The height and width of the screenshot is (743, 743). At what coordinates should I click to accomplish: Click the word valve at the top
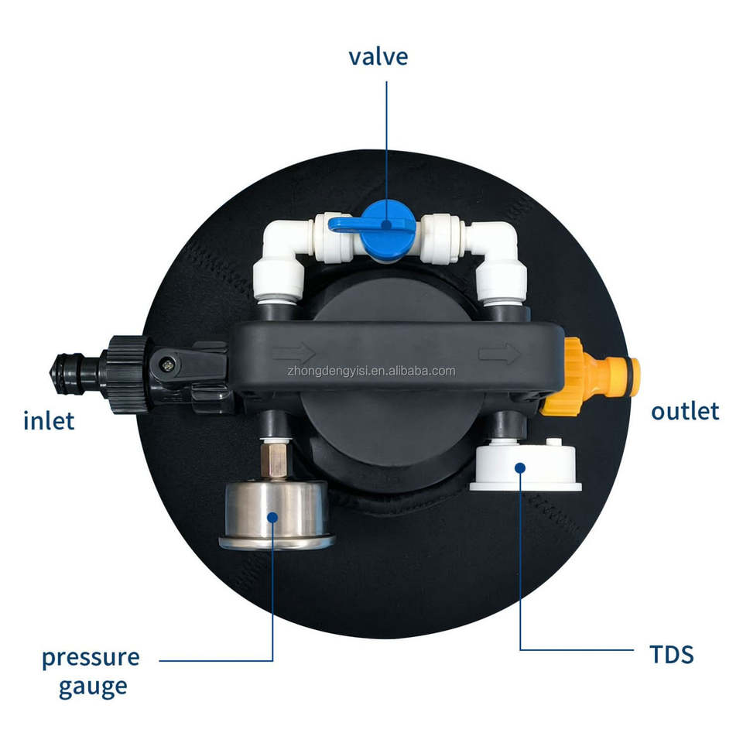[x=378, y=56]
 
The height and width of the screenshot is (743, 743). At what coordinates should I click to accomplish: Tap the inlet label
[x=49, y=421]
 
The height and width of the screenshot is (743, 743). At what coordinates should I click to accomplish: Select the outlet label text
[x=685, y=411]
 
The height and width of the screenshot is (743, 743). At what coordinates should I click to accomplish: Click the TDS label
[x=672, y=655]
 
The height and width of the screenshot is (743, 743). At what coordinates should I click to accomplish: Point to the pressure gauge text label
[x=91, y=671]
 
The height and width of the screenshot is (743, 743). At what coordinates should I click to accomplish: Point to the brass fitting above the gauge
[x=275, y=459]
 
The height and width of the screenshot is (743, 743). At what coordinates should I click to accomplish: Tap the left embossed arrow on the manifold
[x=294, y=354]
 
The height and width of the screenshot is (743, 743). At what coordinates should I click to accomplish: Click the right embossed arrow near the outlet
[x=500, y=354]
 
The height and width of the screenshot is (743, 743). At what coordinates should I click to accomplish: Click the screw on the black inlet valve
[x=167, y=365]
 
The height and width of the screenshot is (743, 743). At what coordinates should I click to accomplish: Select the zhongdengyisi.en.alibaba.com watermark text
[x=371, y=371]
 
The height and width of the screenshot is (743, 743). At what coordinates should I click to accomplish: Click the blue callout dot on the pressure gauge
[x=272, y=518]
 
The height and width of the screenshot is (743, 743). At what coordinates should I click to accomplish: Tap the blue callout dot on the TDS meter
[x=520, y=468]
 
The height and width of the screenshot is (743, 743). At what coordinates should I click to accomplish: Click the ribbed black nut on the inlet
[x=125, y=375]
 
